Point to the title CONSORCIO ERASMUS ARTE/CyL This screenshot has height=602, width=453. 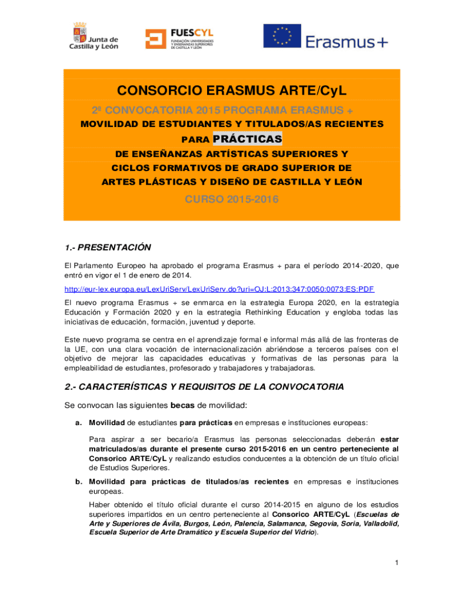coord(232,91)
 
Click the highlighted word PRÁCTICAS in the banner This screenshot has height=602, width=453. coord(247,139)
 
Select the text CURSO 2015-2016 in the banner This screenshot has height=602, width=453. coord(232,200)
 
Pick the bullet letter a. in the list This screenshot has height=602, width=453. coord(78,422)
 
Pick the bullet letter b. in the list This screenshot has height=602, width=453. coord(78,481)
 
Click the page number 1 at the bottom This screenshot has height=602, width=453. coord(397,563)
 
